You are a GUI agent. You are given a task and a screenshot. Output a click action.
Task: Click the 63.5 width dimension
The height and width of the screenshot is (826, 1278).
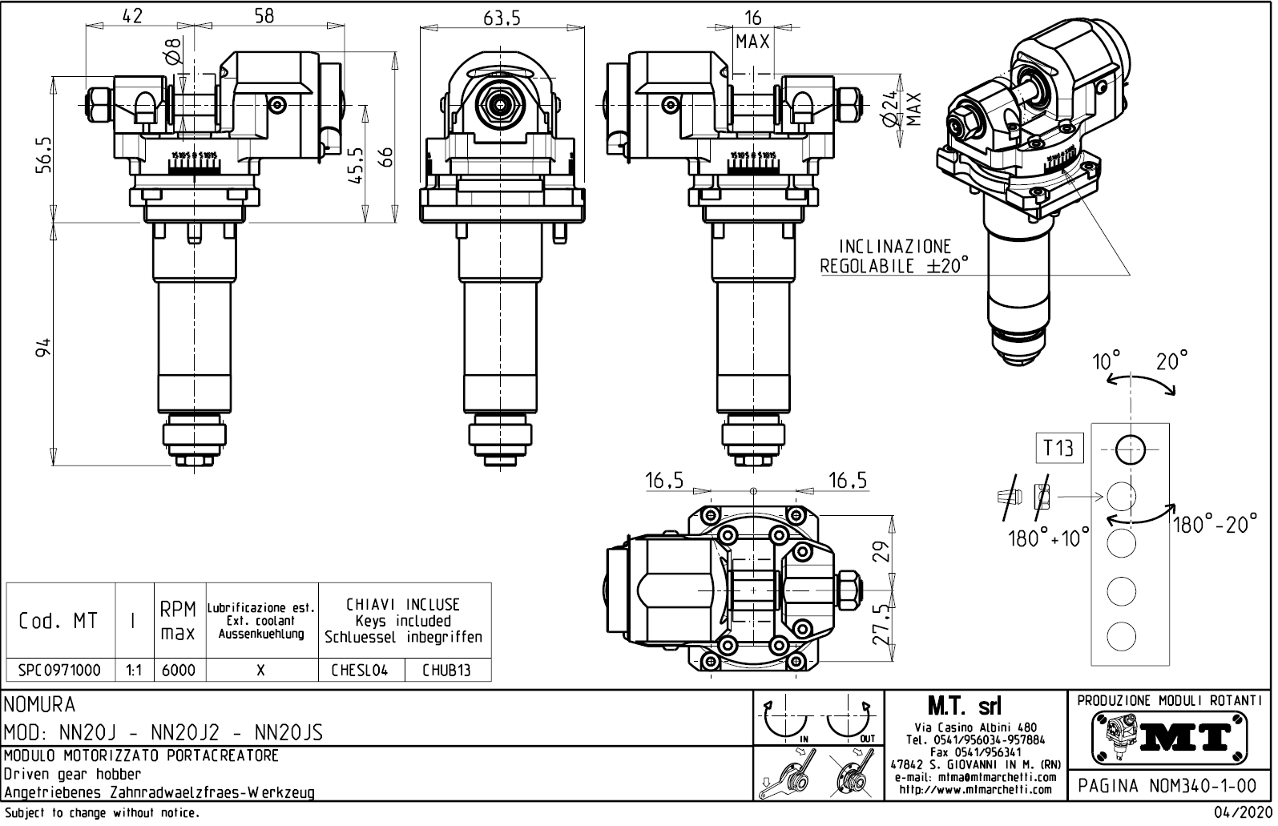pyautogui.click(x=502, y=18)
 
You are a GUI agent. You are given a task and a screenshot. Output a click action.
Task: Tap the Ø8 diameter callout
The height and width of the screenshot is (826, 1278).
pyautogui.click(x=174, y=52)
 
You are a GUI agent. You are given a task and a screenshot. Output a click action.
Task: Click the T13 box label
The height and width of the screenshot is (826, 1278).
pyautogui.click(x=1058, y=448)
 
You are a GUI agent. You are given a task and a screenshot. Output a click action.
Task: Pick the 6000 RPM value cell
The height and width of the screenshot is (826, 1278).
pyautogui.click(x=179, y=671)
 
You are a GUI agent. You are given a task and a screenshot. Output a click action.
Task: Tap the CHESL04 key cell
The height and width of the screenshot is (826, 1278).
pyautogui.click(x=360, y=671)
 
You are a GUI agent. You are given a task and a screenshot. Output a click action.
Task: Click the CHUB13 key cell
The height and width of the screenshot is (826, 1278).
pyautogui.click(x=446, y=671)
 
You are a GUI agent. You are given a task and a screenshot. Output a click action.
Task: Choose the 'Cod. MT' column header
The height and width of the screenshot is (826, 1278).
pyautogui.click(x=59, y=621)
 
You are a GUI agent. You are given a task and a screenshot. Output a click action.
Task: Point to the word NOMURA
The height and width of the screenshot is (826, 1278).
pyautogui.click(x=40, y=705)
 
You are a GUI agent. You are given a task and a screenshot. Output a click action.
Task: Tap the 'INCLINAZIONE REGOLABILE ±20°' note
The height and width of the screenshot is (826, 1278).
pyautogui.click(x=894, y=256)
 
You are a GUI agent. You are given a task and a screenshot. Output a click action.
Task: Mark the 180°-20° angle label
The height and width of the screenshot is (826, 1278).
pyautogui.click(x=1215, y=526)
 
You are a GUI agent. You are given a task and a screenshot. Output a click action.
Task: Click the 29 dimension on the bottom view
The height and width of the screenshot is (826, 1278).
pyautogui.click(x=881, y=552)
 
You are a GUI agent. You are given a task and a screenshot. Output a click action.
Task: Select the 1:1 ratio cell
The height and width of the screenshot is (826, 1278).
pyautogui.click(x=134, y=671)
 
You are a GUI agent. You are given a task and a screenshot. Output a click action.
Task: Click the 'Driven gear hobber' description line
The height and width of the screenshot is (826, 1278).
pyautogui.click(x=72, y=775)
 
